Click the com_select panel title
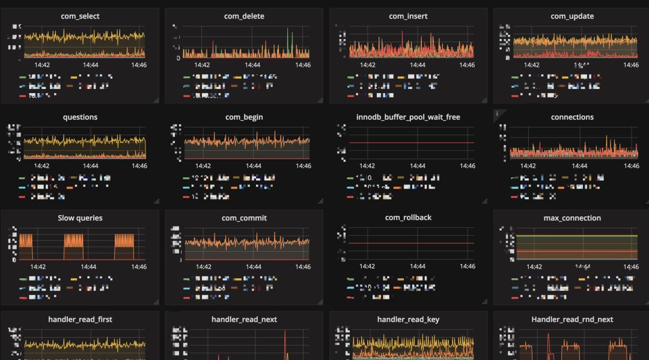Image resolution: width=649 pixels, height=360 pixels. (80, 16)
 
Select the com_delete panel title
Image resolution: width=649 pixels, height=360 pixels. (245, 16)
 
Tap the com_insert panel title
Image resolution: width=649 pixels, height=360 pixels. (408, 16)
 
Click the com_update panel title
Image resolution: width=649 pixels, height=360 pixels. (572, 16)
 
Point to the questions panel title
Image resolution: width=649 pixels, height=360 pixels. (80, 117)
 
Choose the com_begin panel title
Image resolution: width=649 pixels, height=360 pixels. (244, 117)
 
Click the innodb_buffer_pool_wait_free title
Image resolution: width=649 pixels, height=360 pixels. (408, 117)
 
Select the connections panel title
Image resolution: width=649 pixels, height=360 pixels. (572, 117)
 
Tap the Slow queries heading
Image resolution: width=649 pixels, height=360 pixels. (80, 218)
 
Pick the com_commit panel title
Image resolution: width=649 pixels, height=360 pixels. (244, 218)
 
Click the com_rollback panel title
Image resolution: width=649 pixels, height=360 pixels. (408, 218)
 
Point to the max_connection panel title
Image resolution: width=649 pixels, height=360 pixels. (572, 218)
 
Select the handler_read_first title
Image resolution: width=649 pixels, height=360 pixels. (80, 320)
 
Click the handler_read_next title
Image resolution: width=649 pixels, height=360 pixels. (244, 320)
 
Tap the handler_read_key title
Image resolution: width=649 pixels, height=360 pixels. (408, 320)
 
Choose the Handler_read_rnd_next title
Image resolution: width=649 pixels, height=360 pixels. (572, 320)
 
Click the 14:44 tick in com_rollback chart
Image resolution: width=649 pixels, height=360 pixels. (417, 266)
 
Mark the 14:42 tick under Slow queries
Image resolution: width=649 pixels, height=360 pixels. (38, 266)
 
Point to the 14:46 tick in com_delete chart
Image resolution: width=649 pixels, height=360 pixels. (303, 65)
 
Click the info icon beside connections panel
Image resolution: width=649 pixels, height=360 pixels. (497, 113)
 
